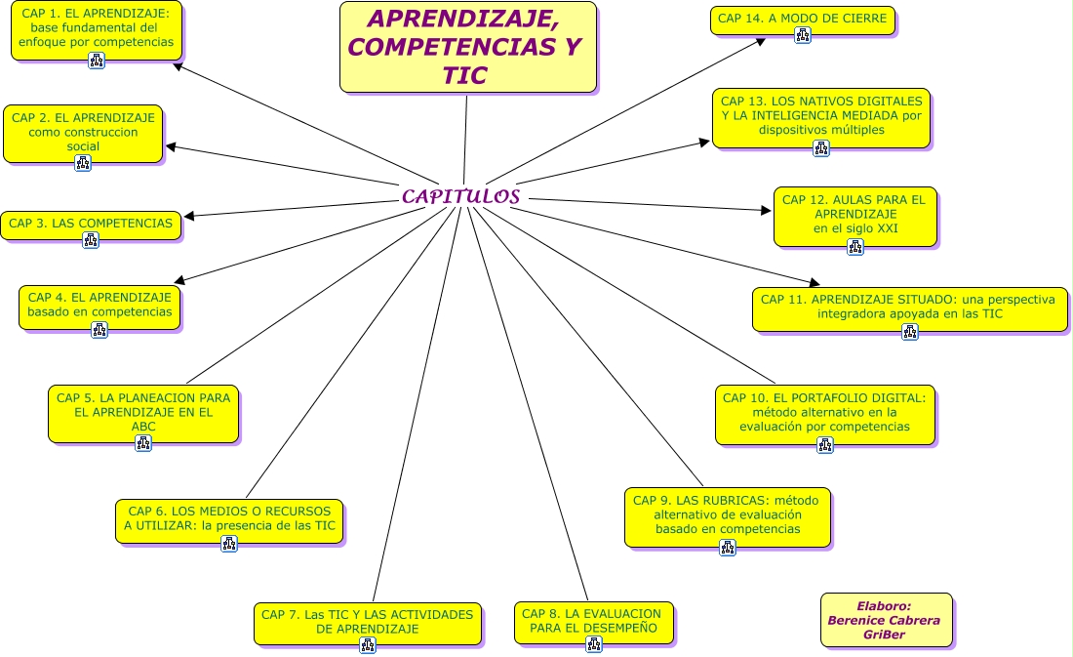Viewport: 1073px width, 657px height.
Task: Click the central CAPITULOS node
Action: [460, 196]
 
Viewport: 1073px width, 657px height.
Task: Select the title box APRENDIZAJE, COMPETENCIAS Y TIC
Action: [467, 47]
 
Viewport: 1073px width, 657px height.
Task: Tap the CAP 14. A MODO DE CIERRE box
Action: [802, 19]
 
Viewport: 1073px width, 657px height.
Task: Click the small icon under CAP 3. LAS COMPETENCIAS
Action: [91, 240]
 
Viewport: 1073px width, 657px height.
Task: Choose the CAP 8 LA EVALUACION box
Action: [593, 621]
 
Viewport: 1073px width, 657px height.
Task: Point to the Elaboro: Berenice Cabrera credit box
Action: [886, 619]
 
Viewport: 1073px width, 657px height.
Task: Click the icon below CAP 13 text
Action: [821, 148]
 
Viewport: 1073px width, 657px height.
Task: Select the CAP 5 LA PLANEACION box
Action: [143, 411]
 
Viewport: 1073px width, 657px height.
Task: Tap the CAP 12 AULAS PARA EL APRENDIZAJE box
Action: [854, 214]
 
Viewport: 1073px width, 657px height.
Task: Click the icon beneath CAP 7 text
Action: [368, 645]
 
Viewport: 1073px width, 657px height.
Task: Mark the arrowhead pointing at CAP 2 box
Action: [171, 147]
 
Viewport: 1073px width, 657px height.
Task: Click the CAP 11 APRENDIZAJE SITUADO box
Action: [909, 307]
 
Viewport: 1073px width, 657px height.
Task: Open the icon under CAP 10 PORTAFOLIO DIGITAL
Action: [825, 445]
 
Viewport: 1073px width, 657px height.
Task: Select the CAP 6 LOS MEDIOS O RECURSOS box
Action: [229, 518]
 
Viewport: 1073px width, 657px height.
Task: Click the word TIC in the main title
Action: [464, 76]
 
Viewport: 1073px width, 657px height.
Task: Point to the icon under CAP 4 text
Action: [99, 330]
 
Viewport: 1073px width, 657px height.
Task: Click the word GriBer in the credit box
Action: [885, 635]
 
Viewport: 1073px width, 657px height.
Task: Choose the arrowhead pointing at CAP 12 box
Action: [767, 209]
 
